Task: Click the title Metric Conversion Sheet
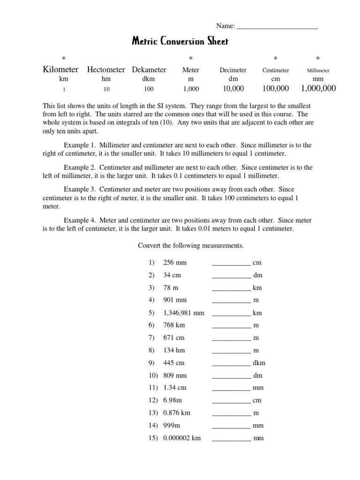coord(180,42)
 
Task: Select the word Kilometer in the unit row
coord(60,70)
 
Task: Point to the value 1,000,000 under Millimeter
coord(318,88)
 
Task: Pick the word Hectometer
coord(106,70)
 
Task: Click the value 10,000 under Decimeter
coord(232,88)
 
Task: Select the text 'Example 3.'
coord(80,189)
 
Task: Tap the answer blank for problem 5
coord(232,313)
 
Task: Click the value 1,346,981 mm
coord(183,313)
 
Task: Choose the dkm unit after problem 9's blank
coord(259,363)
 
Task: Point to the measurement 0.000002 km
coord(182,438)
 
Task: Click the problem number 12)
coord(153,400)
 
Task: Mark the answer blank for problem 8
coord(232,351)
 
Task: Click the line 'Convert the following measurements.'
coord(190,246)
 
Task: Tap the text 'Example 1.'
coord(80,145)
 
